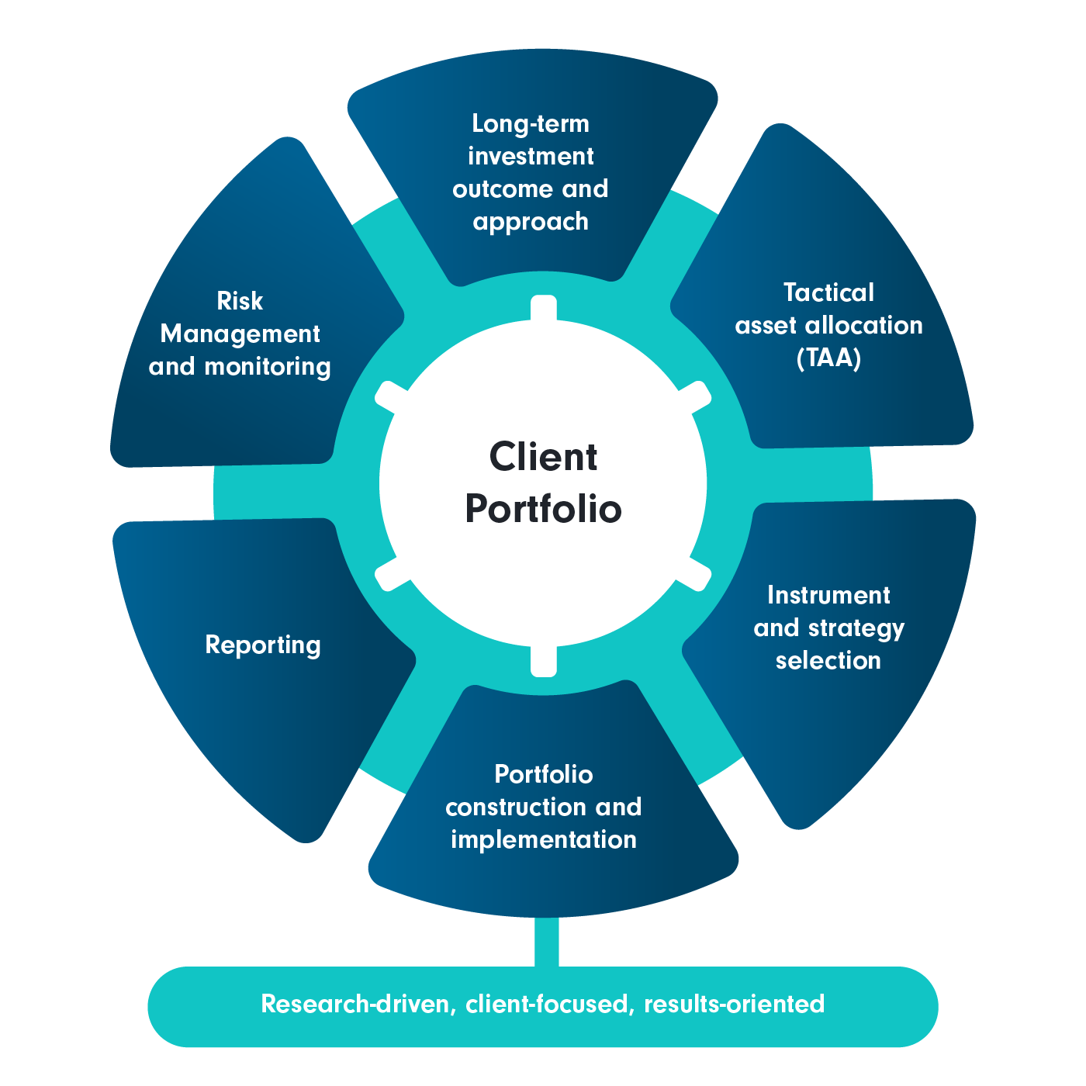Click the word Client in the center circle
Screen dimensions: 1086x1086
click(x=543, y=457)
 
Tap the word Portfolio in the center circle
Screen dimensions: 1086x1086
click(x=543, y=510)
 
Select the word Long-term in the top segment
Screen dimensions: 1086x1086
click(x=531, y=124)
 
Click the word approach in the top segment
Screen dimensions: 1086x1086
click(x=531, y=223)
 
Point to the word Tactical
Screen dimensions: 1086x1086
click(x=828, y=292)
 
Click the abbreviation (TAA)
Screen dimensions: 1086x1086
click(x=828, y=358)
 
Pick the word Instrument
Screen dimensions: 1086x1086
click(x=828, y=595)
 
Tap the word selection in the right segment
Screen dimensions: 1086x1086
click(x=828, y=661)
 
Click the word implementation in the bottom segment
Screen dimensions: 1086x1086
click(x=543, y=840)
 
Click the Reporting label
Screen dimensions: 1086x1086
click(x=263, y=645)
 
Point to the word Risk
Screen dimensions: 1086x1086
click(x=240, y=301)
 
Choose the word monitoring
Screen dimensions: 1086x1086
click(x=268, y=367)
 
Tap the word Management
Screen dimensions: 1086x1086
click(x=240, y=334)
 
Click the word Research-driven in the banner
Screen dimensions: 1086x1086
click(x=358, y=1005)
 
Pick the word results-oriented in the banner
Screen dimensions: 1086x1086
click(x=734, y=1005)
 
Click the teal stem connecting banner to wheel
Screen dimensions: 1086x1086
click(x=546, y=942)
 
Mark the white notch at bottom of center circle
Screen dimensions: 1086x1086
click(x=544, y=659)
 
